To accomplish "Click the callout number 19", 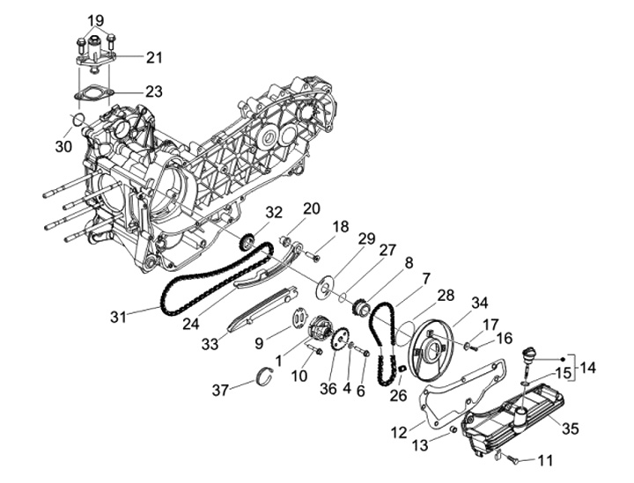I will coord(96,20).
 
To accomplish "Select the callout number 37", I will coord(221,389).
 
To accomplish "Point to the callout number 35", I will coord(571,429).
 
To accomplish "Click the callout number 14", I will coord(589,367).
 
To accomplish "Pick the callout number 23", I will coord(154,91).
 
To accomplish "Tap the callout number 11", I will coord(546,459).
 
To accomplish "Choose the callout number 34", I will coord(480,304).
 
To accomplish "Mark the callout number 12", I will coord(398,432).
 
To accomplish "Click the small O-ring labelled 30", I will coord(77,118).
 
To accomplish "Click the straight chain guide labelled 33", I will coord(255,311).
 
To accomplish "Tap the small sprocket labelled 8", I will coord(359,309).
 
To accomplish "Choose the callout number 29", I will coord(366,238).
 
